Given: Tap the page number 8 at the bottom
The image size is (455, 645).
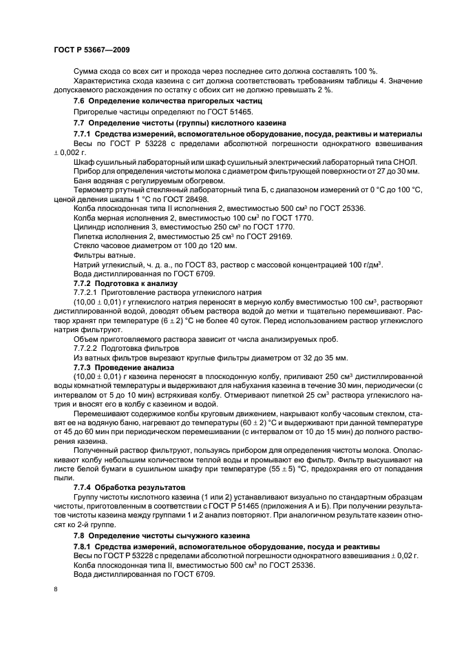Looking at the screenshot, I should coord(56,588).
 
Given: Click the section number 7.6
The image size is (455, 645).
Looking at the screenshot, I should coord(81,101).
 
